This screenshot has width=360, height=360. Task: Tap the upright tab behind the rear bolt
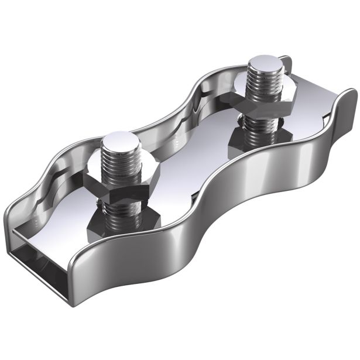pyautogui.click(x=286, y=67)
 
